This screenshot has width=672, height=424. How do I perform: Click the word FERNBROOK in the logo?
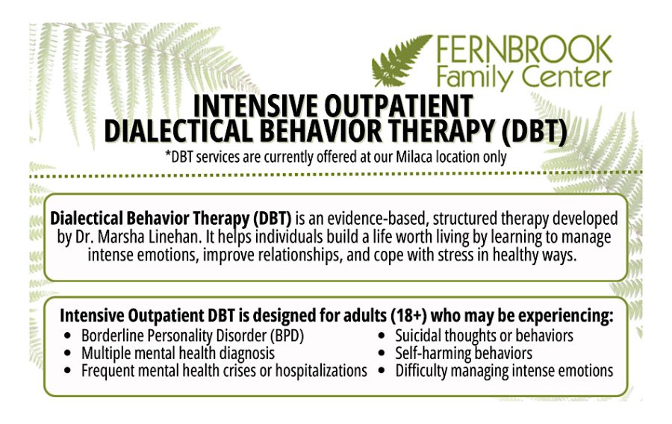point(524,50)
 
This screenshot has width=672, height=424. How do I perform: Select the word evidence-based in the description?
point(378,219)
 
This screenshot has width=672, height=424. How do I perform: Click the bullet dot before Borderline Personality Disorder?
point(67,336)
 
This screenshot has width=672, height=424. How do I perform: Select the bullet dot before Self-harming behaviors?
point(382,353)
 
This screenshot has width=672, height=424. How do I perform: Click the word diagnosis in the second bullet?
point(247,354)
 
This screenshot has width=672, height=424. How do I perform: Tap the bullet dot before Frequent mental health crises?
point(67,371)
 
